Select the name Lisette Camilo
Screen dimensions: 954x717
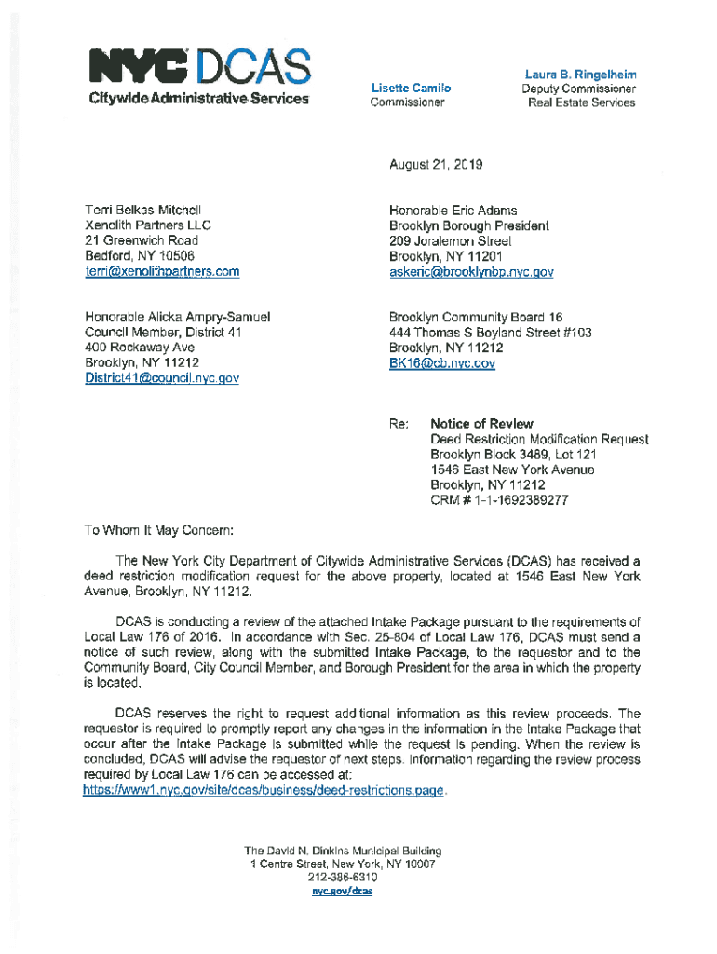click(411, 88)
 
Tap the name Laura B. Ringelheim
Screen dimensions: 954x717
click(580, 74)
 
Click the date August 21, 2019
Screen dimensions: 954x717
click(436, 165)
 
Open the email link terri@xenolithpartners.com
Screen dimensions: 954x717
click(162, 272)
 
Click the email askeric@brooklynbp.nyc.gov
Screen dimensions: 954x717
click(471, 272)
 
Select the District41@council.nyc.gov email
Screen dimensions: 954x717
click(162, 378)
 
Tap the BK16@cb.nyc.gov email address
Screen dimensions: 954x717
click(441, 363)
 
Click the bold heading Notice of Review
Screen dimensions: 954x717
click(481, 424)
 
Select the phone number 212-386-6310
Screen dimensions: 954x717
click(342, 878)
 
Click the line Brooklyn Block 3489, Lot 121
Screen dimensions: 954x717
click(513, 455)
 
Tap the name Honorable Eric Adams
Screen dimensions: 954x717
click(453, 211)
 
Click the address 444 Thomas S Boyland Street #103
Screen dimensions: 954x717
click(490, 333)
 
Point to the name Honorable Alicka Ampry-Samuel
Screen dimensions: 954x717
click(177, 317)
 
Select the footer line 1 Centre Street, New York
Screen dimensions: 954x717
click(342, 864)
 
